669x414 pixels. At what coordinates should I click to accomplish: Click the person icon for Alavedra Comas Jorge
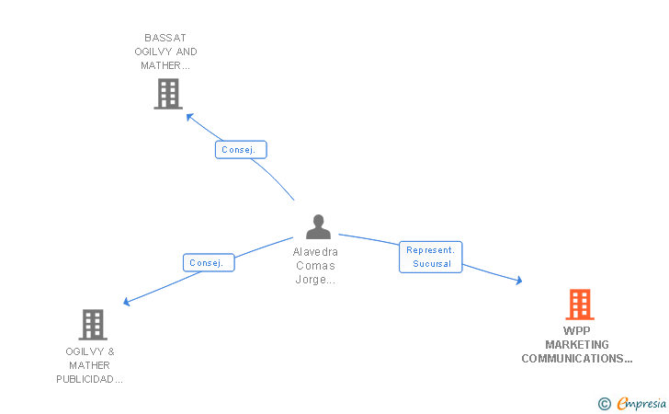(x=318, y=226)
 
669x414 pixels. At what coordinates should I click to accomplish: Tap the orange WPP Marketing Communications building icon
(x=579, y=304)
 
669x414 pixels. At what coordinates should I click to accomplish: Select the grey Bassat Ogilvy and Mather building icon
(x=167, y=94)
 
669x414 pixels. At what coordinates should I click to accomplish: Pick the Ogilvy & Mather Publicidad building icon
(x=92, y=324)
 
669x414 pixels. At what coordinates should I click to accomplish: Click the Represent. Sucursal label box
(x=430, y=257)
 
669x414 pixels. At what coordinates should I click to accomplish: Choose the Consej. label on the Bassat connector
(x=241, y=149)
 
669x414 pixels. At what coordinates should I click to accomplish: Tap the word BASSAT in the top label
(x=165, y=38)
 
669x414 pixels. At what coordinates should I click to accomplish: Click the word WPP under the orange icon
(x=577, y=331)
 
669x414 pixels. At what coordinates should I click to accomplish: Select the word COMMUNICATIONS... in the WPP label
(x=577, y=359)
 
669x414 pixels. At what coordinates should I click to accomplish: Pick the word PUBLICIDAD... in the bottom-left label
(x=90, y=379)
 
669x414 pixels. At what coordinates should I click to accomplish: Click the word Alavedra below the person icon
(x=315, y=252)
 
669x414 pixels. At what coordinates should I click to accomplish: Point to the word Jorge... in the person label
(x=315, y=280)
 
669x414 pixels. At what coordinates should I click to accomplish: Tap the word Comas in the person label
(x=315, y=266)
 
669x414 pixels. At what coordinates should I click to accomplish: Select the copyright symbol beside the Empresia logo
(x=604, y=403)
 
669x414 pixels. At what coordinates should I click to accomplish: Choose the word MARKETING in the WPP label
(x=577, y=345)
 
